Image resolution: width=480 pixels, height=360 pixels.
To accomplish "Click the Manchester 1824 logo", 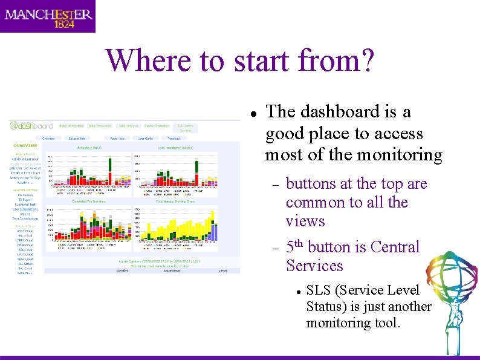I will click(48, 16).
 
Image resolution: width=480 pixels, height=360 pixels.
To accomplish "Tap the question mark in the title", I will click(367, 61).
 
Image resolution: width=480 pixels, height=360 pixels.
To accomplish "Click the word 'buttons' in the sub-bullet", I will click(312, 183).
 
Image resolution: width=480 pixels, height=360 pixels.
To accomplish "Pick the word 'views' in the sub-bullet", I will click(305, 221).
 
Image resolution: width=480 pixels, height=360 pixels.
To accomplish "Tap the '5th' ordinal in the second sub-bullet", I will click(295, 247).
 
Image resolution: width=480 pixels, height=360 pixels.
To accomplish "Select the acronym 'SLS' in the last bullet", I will click(317, 290).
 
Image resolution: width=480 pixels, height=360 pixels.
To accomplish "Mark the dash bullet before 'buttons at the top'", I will click(275, 185).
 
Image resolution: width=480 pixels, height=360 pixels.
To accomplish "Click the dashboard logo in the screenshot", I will click(31, 126).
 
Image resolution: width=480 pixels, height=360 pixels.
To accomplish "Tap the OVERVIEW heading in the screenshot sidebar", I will click(25, 146).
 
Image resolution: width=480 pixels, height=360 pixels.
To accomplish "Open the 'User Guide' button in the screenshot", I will click(145, 139).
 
